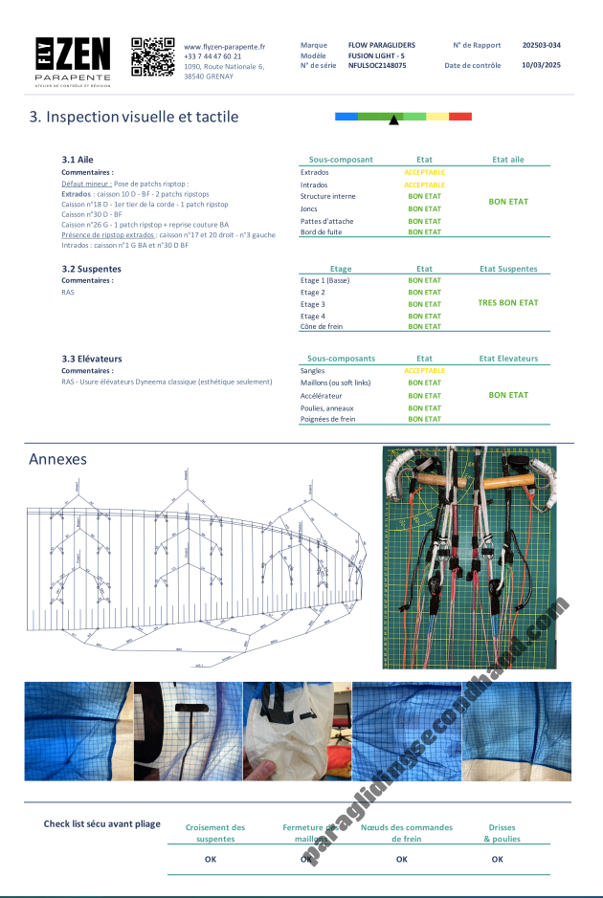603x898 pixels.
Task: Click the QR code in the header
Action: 152,56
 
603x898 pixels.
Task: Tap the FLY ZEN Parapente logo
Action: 73,61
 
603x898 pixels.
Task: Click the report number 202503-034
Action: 542,45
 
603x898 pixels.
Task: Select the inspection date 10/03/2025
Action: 542,66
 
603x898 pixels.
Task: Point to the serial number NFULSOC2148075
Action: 377,66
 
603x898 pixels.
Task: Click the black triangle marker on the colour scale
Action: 393,120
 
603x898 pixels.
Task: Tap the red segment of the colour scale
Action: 460,116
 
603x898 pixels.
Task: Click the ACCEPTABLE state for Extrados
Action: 424,172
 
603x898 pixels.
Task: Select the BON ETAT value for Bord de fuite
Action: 424,231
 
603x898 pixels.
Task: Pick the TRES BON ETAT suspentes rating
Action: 508,302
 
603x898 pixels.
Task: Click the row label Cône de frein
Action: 322,326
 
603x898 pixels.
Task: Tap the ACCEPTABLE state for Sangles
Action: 424,370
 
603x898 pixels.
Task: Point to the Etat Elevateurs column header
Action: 508,359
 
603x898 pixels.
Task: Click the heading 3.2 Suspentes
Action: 92,269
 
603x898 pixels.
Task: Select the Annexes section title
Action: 58,459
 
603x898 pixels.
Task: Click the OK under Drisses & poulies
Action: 498,859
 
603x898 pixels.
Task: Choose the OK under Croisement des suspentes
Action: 211,859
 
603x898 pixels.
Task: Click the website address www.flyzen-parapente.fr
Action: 224,46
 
